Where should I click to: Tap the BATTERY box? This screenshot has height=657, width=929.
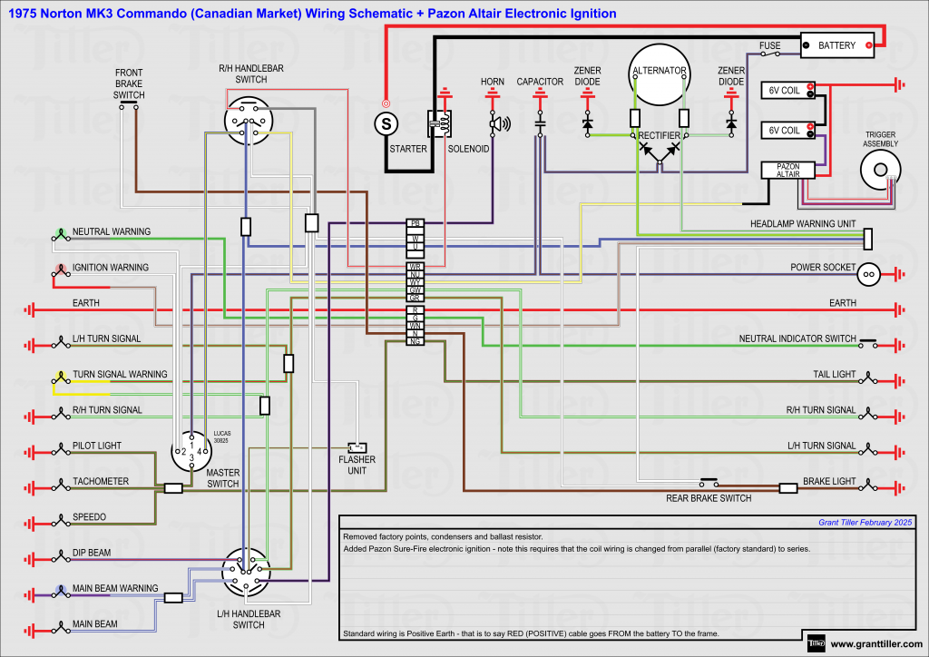[836, 44]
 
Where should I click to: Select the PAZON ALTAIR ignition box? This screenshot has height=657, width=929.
[787, 170]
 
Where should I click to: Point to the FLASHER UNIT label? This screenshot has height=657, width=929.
[357, 465]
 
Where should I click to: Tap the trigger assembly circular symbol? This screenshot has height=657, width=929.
[877, 169]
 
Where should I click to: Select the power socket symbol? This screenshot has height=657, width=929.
[868, 271]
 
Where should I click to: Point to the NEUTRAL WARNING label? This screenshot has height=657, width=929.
[112, 232]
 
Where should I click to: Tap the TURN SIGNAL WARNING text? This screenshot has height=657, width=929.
[120, 374]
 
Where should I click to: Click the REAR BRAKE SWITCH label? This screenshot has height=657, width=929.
[709, 498]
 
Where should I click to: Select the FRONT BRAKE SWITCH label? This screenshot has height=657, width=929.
[129, 83]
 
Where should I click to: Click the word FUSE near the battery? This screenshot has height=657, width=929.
[770, 45]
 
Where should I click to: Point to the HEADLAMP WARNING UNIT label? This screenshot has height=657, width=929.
[803, 223]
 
